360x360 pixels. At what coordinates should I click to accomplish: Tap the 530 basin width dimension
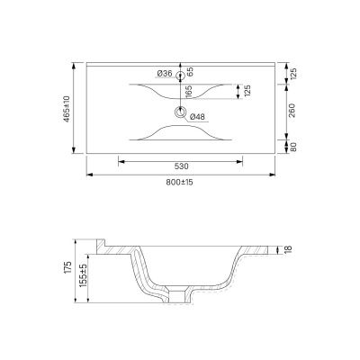(x=180, y=166)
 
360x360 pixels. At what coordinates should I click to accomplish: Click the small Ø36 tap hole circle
(x=180, y=76)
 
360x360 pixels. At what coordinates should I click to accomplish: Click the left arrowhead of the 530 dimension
(x=121, y=162)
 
